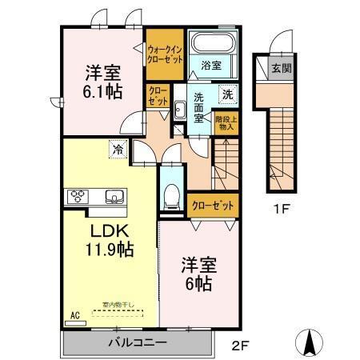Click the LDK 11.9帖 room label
pos(110,238)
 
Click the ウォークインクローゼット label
pos(164,53)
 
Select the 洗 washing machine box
pos(227,93)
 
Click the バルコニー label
pos(137,342)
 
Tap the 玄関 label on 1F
pos(280,69)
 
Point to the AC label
pos(75,315)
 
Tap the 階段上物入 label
pos(226,122)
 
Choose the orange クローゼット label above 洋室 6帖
pos(214,206)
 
